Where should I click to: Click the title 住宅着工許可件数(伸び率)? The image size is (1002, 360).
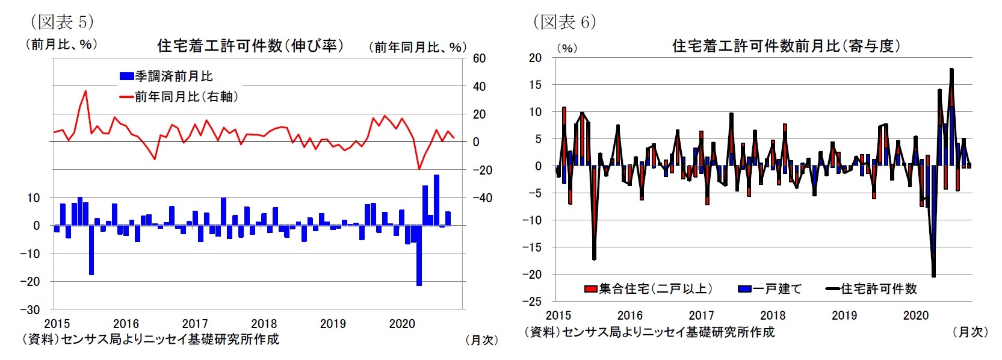tap(250, 46)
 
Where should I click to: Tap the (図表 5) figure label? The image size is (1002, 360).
tap(62, 22)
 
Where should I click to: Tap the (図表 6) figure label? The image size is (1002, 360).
tap(564, 22)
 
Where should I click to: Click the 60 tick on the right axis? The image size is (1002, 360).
tap(479, 58)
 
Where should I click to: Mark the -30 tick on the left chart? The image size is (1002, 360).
tap(30, 309)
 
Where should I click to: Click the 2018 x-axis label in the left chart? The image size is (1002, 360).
tap(264, 324)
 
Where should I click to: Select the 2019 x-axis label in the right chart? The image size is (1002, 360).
tap(844, 315)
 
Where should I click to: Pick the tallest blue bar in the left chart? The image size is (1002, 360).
tap(436, 200)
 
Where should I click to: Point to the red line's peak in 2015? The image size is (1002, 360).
tap(85, 92)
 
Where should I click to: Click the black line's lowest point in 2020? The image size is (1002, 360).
tap(933, 276)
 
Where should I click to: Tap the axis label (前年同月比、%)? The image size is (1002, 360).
tap(418, 47)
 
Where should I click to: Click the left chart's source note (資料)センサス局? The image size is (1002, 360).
tap(150, 340)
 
